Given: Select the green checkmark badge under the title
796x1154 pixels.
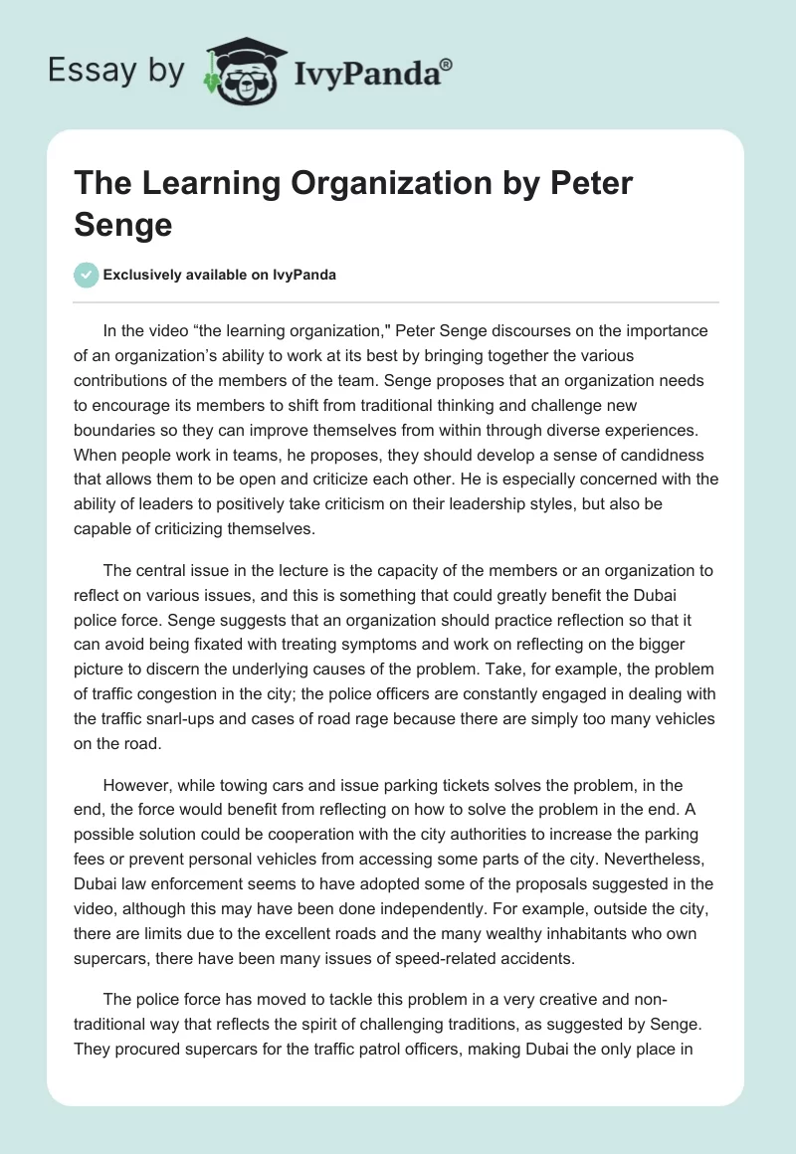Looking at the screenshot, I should [x=87, y=275].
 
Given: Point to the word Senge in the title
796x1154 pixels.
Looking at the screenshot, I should [x=123, y=224].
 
